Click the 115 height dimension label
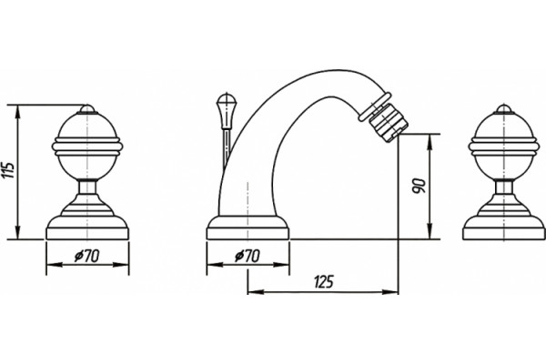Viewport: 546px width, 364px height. [x=10, y=170]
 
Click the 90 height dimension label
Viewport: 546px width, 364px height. [x=419, y=186]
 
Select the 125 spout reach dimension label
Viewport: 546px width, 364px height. [x=323, y=282]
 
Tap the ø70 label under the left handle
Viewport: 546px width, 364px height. [x=86, y=257]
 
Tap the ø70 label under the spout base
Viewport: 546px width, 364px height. [x=248, y=257]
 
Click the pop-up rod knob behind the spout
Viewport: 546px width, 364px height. [x=227, y=111]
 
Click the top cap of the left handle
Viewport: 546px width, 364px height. [x=87, y=109]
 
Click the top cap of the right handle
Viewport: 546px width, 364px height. [x=503, y=109]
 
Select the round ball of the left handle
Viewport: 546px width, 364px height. [x=87, y=147]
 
